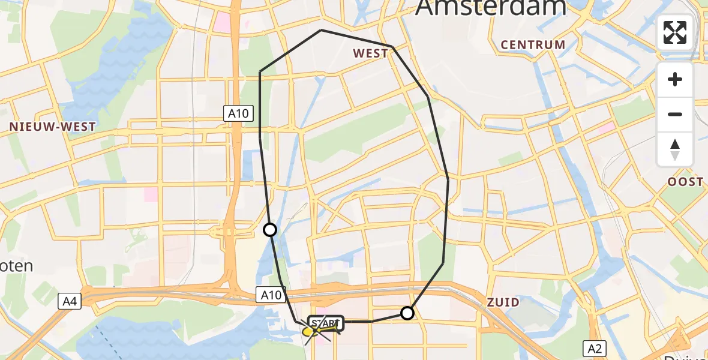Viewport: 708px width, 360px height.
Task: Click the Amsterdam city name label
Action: point(491,7)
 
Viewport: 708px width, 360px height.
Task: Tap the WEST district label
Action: point(370,53)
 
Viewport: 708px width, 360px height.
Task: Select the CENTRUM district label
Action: point(533,44)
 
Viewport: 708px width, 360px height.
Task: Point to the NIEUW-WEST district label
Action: point(52,127)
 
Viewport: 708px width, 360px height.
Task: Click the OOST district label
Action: point(686,182)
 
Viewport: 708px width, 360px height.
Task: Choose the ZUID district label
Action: point(503,302)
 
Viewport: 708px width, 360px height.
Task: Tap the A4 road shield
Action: point(70,302)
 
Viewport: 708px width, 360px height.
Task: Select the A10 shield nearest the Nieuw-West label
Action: point(239,113)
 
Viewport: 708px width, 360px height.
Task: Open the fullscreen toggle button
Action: point(675,32)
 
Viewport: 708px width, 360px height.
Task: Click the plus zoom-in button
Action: point(675,80)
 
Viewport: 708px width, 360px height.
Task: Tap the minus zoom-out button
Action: point(675,114)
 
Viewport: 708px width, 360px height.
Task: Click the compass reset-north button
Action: point(675,149)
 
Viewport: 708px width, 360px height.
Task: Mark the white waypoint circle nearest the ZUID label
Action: point(407,313)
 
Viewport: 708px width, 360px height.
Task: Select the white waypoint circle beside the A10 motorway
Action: point(270,230)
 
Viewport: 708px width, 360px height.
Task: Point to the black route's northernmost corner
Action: point(322,29)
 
